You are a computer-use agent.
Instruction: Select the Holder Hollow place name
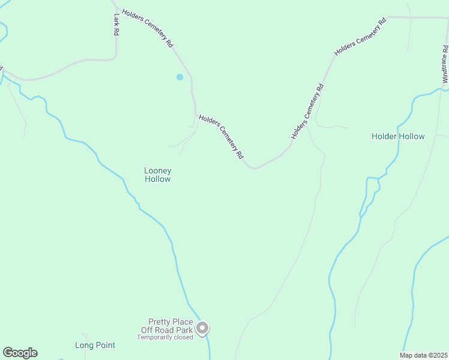pyautogui.click(x=398, y=136)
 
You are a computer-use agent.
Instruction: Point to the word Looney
pyautogui.click(x=158, y=171)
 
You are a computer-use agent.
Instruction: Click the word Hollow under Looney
pyautogui.click(x=158, y=179)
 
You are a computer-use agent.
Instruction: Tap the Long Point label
pyautogui.click(x=95, y=345)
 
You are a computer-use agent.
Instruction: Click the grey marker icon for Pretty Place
pyautogui.click(x=203, y=328)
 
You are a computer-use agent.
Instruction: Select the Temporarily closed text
pyautogui.click(x=164, y=337)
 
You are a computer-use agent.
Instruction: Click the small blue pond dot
pyautogui.click(x=179, y=77)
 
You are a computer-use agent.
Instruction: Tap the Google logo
pyautogui.click(x=20, y=353)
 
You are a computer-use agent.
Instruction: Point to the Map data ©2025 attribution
pyautogui.click(x=423, y=355)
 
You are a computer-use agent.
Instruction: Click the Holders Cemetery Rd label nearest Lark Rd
pyautogui.click(x=148, y=28)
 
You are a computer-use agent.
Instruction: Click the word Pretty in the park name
pyautogui.click(x=158, y=322)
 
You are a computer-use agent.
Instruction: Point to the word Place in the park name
pyautogui.click(x=182, y=322)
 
